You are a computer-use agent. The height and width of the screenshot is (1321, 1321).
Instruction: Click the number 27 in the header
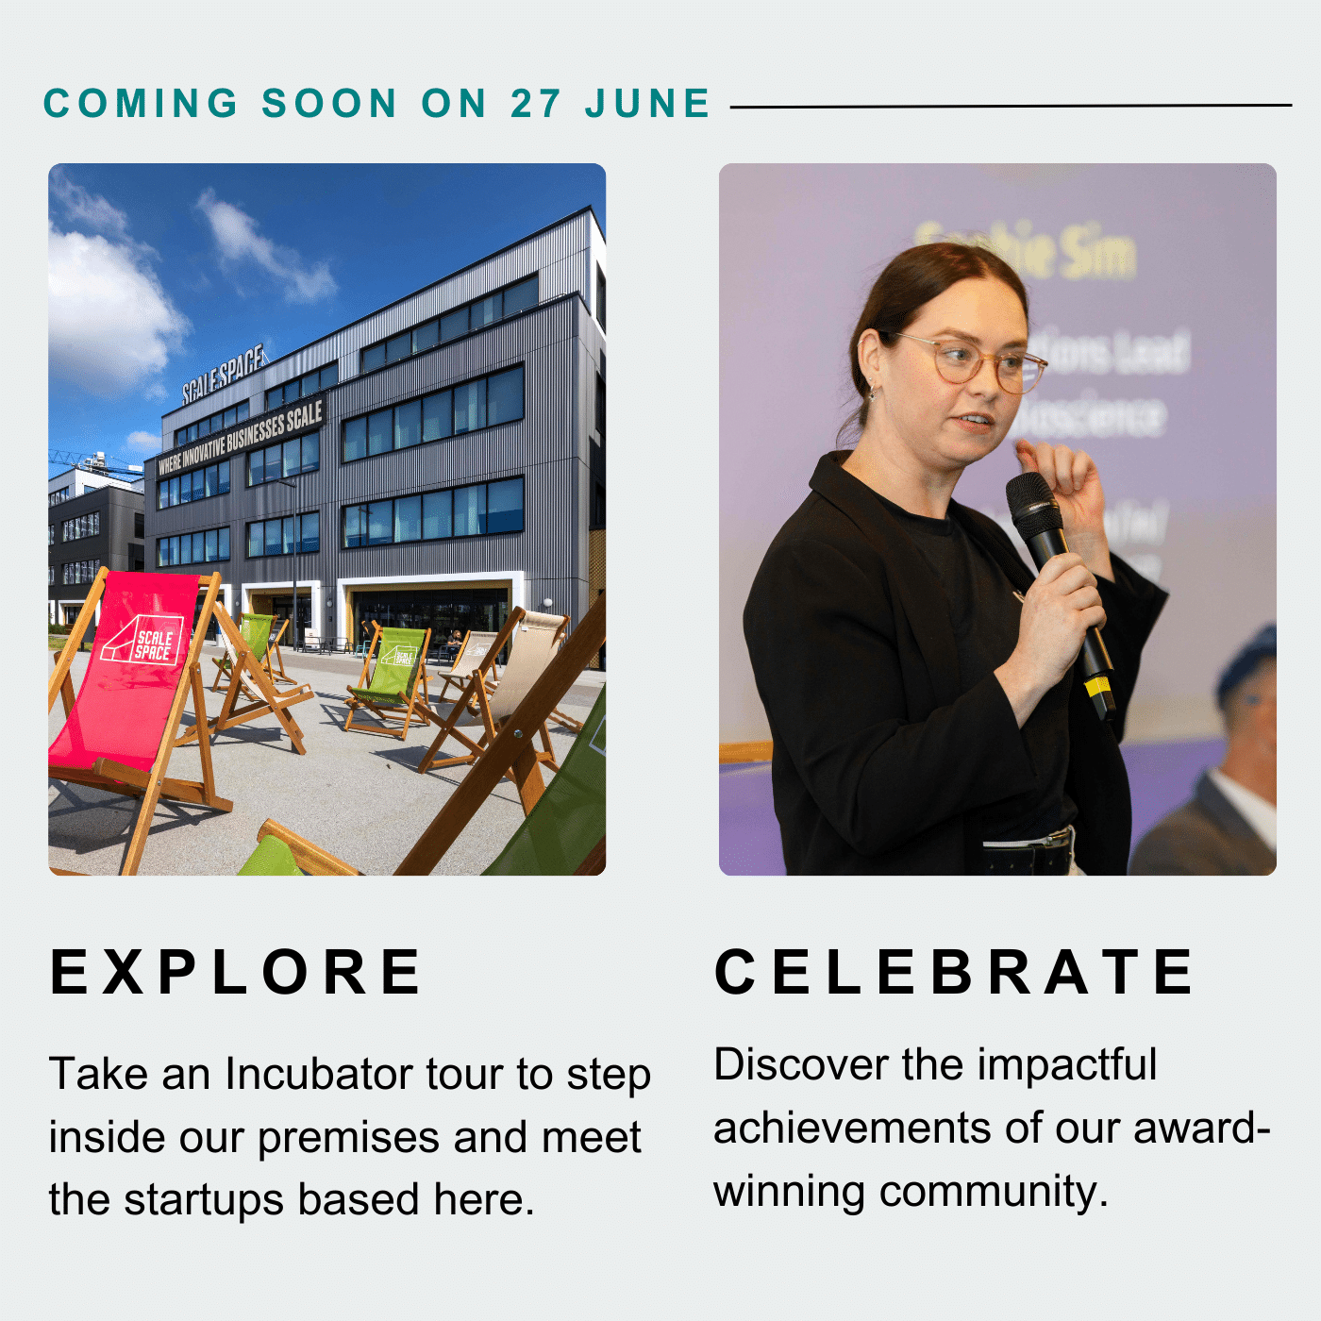pyautogui.click(x=536, y=104)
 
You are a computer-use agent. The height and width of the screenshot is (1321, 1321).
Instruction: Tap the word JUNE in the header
pyautogui.click(x=647, y=104)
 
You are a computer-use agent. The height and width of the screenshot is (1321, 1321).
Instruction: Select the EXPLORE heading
pyautogui.click(x=236, y=972)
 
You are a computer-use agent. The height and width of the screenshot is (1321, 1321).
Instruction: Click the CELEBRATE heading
pyautogui.click(x=955, y=972)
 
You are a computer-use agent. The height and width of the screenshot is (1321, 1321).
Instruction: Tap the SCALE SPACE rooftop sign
pyautogui.click(x=225, y=373)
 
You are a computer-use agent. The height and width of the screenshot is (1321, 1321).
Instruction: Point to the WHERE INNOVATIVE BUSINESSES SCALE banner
pyautogui.click(x=241, y=437)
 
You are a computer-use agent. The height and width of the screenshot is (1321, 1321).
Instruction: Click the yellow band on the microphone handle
pyautogui.click(x=1098, y=685)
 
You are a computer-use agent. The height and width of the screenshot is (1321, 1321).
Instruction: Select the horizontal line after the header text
pyautogui.click(x=1010, y=106)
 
